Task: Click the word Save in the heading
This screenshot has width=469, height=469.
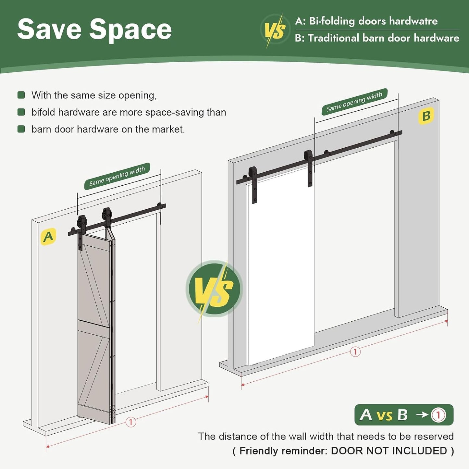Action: click(49, 29)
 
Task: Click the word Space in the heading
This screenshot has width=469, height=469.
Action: click(131, 31)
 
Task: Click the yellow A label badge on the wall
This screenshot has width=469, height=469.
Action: click(48, 236)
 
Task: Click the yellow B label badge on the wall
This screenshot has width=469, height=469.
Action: click(426, 116)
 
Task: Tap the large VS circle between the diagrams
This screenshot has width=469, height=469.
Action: click(214, 289)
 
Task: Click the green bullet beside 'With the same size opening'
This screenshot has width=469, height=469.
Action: click(21, 95)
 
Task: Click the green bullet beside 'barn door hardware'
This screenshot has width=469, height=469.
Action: click(21, 129)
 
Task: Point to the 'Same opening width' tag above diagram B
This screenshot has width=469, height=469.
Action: click(354, 102)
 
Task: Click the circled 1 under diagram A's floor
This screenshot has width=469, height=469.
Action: click(131, 422)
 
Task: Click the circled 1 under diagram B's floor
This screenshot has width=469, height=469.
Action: click(355, 352)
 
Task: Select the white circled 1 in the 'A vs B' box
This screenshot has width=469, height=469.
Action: click(438, 415)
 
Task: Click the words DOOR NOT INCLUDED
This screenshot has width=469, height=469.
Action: click(389, 451)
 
